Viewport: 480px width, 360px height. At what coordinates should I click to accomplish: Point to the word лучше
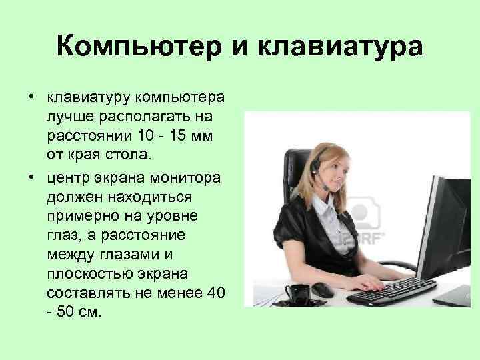[x=67, y=117]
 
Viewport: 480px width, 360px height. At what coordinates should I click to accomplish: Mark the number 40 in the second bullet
[x=213, y=293]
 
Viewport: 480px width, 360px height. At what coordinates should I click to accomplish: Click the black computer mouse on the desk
[x=323, y=289]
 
